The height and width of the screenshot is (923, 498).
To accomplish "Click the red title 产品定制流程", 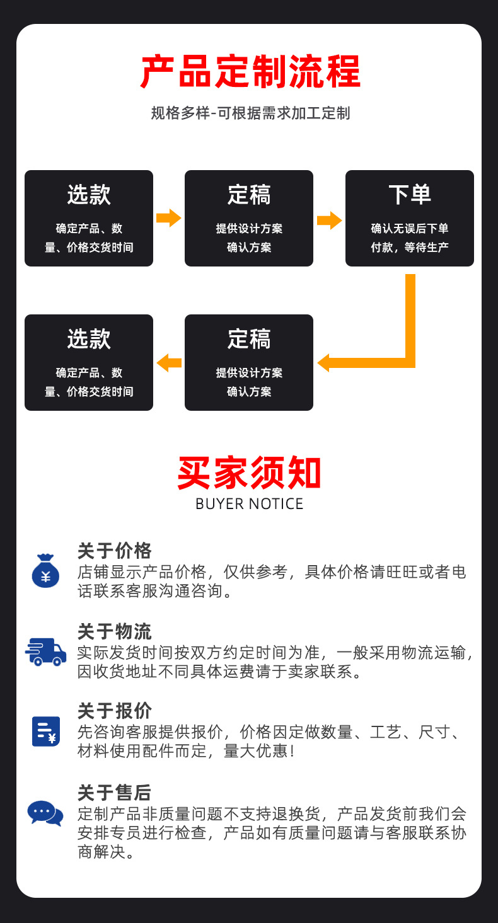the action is (250, 72).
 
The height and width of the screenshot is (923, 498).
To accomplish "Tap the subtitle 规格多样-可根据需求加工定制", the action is (250, 113).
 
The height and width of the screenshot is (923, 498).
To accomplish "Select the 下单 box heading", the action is (409, 194).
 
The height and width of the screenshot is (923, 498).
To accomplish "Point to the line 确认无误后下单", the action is (409, 229).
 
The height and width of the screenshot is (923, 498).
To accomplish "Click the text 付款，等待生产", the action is (409, 248).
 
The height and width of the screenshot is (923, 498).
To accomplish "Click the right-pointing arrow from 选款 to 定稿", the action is (168, 218).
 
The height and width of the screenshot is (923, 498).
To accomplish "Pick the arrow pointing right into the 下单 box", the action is (329, 221).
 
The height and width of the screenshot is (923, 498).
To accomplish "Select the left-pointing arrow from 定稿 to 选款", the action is (168, 363).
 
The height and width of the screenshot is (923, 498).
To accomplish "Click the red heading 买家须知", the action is (249, 474).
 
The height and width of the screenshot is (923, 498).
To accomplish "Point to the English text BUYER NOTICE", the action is (249, 504).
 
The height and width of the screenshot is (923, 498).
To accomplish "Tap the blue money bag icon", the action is (45, 571).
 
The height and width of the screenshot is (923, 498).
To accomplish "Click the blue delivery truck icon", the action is (46, 651).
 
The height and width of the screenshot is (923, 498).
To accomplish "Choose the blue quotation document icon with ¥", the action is (46, 731).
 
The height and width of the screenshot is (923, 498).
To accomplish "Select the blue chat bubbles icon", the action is (45, 812).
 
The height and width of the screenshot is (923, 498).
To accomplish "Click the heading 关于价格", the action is (115, 551).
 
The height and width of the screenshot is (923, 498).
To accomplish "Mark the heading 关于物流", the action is (115, 631).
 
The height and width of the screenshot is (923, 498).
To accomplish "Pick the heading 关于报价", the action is (115, 711).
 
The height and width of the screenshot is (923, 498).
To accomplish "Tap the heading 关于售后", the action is (115, 792).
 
